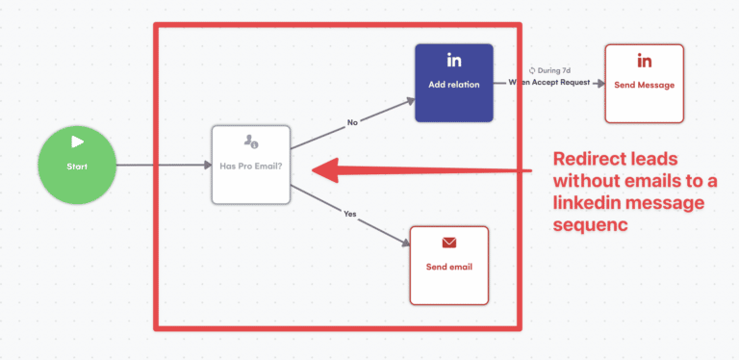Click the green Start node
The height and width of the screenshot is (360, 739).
pos(77,165)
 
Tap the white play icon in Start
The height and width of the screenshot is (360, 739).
pos(77,142)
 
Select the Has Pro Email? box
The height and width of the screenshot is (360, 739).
pos(250,165)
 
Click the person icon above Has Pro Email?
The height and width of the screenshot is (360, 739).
pos(250,142)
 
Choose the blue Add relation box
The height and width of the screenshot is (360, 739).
pos(453,83)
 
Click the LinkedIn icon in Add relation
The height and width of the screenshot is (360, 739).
pos(453,62)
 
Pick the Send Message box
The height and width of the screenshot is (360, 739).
pos(644,83)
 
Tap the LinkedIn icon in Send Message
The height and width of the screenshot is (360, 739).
pos(644,62)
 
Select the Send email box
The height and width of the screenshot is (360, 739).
pos(448,264)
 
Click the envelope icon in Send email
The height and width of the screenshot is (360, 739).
pos(448,243)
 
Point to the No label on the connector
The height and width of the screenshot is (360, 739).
pos(353,122)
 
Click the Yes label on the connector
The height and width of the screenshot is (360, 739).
pos(349,213)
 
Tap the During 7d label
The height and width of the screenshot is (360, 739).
pos(552,70)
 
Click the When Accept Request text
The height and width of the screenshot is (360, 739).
pos(549,84)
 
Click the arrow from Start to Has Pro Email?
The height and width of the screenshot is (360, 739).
pos(164,166)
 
